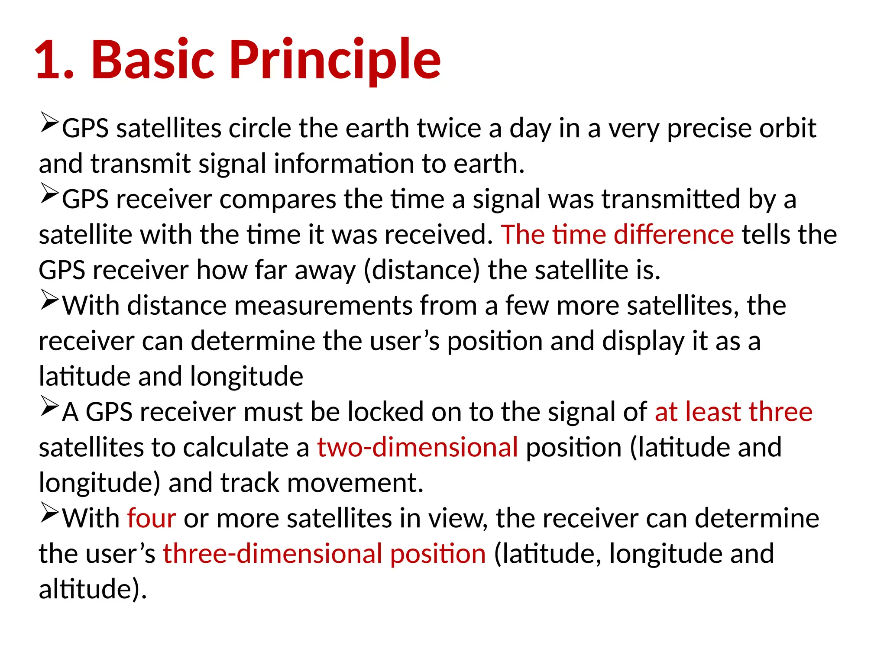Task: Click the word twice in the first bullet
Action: coord(449,129)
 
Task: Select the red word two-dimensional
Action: coord(418,447)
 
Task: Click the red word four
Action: coord(152,518)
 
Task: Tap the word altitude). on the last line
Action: coord(93,589)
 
